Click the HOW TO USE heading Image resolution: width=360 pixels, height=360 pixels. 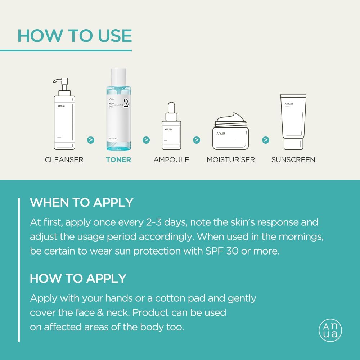click(x=75, y=36)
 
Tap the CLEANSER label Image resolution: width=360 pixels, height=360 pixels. click(x=64, y=159)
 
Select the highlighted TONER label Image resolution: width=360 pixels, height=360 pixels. click(x=118, y=159)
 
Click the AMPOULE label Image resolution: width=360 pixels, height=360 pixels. click(x=171, y=159)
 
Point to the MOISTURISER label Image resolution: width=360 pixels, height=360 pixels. click(x=231, y=159)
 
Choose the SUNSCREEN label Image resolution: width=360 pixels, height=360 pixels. click(x=293, y=159)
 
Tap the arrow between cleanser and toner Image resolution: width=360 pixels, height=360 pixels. click(x=91, y=140)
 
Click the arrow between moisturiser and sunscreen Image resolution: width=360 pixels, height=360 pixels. click(x=266, y=140)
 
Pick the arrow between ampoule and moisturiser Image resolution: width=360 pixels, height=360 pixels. click(x=197, y=140)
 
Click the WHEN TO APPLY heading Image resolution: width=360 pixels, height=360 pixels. click(x=81, y=202)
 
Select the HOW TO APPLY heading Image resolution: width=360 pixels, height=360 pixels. click(x=78, y=278)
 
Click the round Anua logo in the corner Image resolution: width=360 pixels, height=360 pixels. click(x=330, y=330)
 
